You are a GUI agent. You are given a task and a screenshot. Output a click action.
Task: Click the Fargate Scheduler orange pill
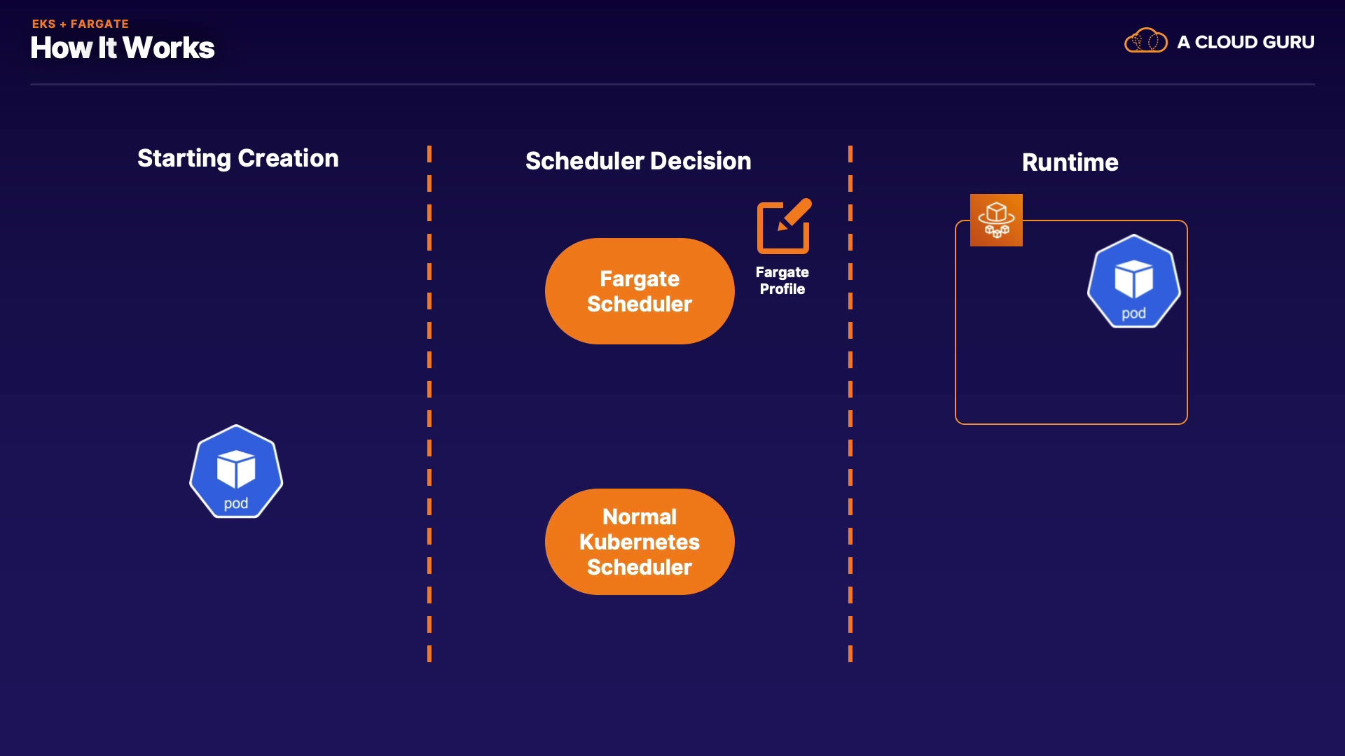(640, 291)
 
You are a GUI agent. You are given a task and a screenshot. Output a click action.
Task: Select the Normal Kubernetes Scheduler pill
(640, 542)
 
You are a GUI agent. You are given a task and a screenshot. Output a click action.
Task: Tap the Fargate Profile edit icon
(784, 226)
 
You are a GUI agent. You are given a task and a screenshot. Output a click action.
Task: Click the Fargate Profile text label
(782, 281)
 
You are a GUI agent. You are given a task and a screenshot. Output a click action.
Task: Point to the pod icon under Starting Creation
(236, 471)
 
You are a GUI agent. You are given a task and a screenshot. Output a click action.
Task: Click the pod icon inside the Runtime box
(1134, 281)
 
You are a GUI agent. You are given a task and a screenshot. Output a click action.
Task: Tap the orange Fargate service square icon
(996, 220)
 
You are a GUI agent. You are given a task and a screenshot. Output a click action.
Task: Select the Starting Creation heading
(238, 159)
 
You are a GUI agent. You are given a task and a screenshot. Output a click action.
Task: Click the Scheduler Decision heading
(638, 161)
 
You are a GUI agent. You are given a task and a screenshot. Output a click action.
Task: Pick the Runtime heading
(1070, 162)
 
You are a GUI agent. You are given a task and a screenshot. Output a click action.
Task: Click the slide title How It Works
(123, 48)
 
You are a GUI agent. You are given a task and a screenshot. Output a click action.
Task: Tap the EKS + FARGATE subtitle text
(81, 24)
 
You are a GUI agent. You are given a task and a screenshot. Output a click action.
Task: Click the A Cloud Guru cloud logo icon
(1146, 41)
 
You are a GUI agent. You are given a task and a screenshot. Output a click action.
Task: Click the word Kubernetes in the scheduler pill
(640, 542)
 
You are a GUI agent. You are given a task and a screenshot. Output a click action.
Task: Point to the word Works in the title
(169, 48)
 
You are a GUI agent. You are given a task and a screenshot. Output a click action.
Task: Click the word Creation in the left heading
(288, 158)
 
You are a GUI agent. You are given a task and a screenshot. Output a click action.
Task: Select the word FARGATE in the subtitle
(99, 24)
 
